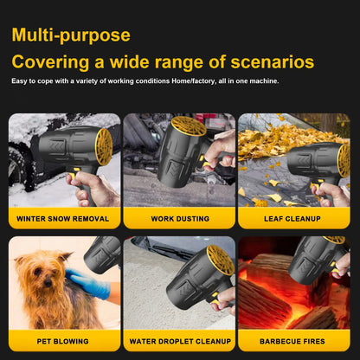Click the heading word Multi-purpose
point(71,35)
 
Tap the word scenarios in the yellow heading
point(273,61)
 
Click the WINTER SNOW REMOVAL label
point(62,219)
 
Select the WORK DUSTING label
point(180,219)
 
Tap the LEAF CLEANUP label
point(292,219)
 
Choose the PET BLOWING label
point(62,341)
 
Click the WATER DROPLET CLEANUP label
point(180,341)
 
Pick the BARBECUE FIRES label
point(292,341)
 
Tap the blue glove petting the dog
point(87,283)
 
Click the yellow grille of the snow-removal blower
point(104,147)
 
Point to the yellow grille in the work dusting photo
point(189,125)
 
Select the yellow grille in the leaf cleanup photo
point(344,161)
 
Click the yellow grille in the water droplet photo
point(221,260)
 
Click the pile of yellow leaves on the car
point(286,141)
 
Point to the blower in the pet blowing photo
point(102,254)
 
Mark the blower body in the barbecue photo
point(313,260)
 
